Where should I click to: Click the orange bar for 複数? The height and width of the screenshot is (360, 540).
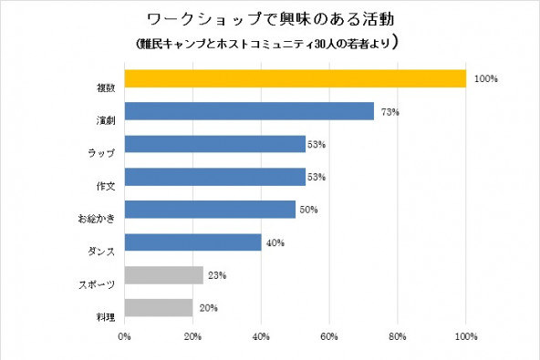point(295,78)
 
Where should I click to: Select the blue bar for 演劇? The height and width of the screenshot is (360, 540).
point(249,111)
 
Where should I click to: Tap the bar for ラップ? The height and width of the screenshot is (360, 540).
point(214,144)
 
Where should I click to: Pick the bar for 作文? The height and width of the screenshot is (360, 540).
point(214,177)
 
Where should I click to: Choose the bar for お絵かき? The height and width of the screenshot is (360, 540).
point(210,210)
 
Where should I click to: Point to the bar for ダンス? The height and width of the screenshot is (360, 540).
point(192,242)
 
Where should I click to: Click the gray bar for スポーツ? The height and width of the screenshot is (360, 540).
point(163,275)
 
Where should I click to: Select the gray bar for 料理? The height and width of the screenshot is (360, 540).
point(158,308)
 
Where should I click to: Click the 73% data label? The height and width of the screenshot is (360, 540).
point(390,112)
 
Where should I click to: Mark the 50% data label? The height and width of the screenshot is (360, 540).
point(308,210)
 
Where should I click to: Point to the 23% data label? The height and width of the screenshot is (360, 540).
point(217,275)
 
